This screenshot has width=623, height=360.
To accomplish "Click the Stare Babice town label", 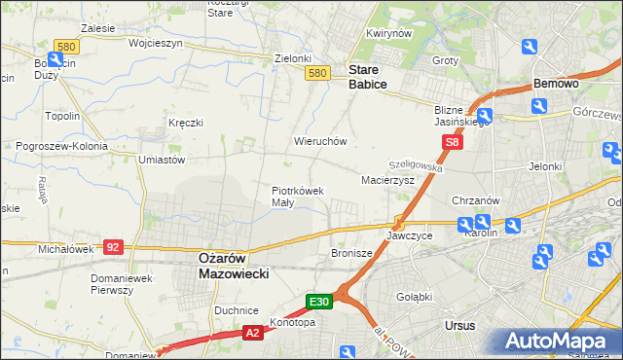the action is tap(368, 77).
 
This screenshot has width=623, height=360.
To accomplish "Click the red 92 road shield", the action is tap(113, 247).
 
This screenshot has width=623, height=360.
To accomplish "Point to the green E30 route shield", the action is tap(321, 302).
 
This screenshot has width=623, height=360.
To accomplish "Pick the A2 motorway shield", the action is tap(251, 333).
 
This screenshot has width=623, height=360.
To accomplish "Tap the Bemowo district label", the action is tap(556, 84).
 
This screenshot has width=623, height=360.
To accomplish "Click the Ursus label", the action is tap(458, 326).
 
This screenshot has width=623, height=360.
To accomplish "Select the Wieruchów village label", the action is tap(320, 141).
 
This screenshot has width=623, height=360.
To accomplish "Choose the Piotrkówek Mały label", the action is tap(296, 197).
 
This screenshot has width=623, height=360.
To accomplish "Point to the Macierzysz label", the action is tap(387, 180).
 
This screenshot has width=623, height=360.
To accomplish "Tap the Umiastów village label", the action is tap(162, 159).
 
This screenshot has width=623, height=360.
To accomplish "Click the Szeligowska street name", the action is tap(416, 166).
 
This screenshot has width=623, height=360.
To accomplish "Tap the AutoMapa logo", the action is tap(559, 342).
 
